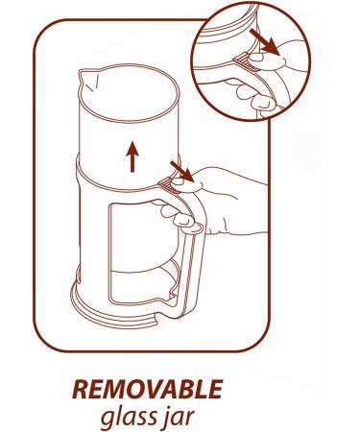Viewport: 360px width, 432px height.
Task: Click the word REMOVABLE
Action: (148, 389)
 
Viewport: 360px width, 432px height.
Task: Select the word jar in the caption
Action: (177, 417)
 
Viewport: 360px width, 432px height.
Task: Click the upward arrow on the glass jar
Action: (132, 157)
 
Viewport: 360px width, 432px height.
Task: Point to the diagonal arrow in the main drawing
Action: (181, 171)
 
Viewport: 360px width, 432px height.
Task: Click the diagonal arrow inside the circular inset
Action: (264, 41)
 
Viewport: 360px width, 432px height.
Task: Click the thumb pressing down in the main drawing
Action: (187, 185)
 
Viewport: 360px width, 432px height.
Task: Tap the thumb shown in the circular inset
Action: (267, 61)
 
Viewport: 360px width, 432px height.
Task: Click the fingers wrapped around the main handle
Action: (178, 215)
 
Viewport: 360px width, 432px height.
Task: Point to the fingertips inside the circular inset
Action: (252, 93)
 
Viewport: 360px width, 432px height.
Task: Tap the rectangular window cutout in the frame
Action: (141, 252)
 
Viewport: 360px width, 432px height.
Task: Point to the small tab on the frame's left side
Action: (77, 273)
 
